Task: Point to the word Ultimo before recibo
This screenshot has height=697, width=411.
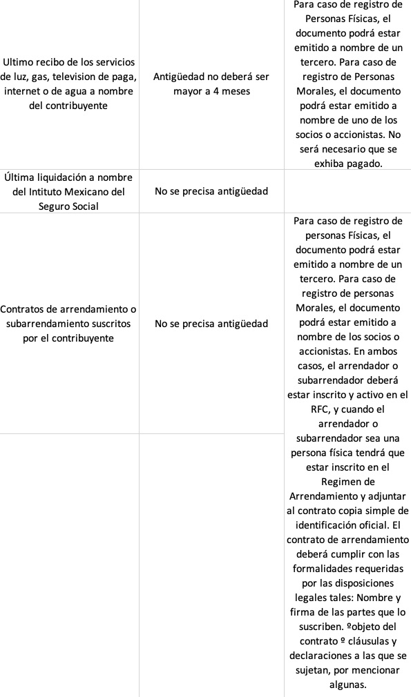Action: pos(21,62)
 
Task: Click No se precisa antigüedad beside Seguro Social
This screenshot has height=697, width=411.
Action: pos(211,191)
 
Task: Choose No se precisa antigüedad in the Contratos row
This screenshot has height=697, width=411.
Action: pos(211,323)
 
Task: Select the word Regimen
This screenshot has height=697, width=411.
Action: pos(347,481)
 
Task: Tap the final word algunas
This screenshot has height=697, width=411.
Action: pos(347,684)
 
